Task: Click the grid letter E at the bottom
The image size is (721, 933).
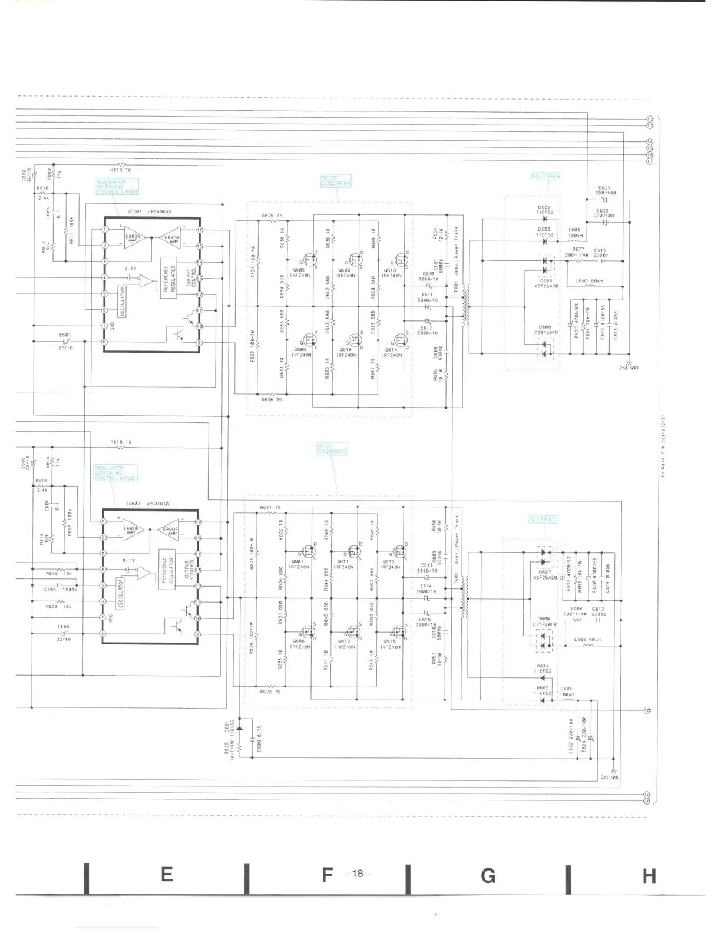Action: click(167, 875)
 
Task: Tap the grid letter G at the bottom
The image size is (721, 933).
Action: click(488, 876)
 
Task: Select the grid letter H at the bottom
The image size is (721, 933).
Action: click(649, 876)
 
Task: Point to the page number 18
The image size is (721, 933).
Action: click(357, 874)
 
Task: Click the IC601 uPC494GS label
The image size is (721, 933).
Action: click(148, 211)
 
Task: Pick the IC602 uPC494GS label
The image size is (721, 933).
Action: click(147, 504)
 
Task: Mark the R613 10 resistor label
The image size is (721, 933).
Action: click(120, 170)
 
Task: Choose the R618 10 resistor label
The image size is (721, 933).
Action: click(120, 442)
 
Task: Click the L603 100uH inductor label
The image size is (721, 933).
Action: click(575, 233)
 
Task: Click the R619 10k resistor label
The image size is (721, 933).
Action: click(59, 573)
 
